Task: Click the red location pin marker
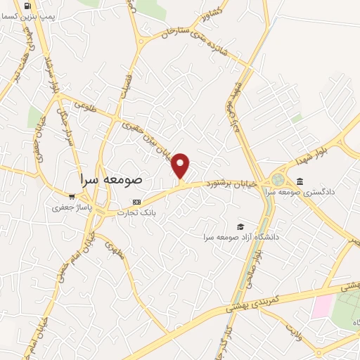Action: pos(181,166)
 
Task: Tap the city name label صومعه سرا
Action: pos(111,179)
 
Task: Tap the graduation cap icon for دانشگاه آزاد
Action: pos(240,226)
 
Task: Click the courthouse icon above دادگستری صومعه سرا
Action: pos(300,182)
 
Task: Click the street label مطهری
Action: pos(114,252)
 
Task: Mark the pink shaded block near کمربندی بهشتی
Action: pos(323,306)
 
